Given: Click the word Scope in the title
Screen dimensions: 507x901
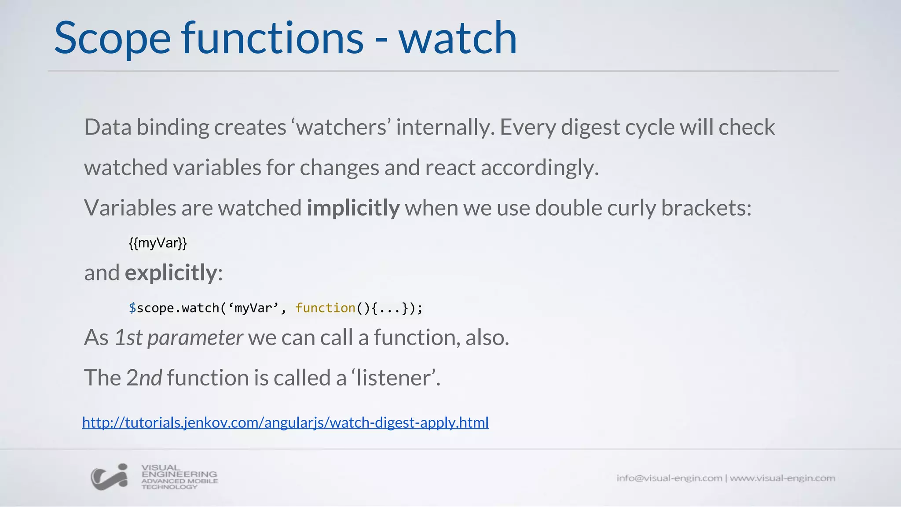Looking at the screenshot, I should (x=112, y=39).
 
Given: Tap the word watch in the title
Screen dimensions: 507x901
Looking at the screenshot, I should (x=458, y=39).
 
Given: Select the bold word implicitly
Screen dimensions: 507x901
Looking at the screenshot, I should (x=353, y=208).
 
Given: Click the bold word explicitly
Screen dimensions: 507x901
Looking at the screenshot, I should (x=171, y=273).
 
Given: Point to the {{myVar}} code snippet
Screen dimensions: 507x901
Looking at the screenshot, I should (x=158, y=243).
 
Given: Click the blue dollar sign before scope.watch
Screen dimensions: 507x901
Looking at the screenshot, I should (x=132, y=308).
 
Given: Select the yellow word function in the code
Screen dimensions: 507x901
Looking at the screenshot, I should (x=325, y=308).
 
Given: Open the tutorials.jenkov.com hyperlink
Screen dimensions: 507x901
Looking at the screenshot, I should (x=285, y=422).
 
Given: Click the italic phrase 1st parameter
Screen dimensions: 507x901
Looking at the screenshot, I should (x=178, y=338).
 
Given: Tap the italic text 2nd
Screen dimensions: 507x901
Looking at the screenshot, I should (x=144, y=378).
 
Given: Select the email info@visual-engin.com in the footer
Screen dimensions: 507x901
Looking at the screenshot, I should (x=669, y=478).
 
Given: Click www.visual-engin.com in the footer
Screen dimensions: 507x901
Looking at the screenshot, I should (x=782, y=478).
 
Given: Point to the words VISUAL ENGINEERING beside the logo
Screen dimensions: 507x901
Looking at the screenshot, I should (x=179, y=471).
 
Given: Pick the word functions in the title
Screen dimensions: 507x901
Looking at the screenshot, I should (x=273, y=39).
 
